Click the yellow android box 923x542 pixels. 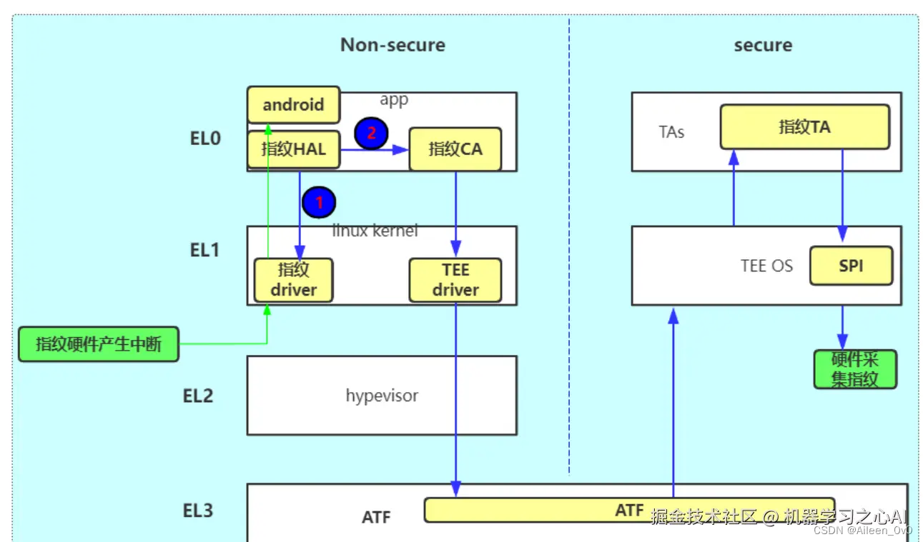click(x=293, y=105)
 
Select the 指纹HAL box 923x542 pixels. click(x=293, y=149)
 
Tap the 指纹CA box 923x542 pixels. click(x=455, y=149)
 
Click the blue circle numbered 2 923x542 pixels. click(x=371, y=134)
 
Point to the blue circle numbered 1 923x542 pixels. click(x=319, y=203)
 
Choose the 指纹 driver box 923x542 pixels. click(x=293, y=280)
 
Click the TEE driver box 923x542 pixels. click(x=455, y=280)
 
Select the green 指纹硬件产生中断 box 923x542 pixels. click(x=99, y=344)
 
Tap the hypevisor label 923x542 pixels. click(x=382, y=396)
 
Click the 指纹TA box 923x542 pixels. click(x=804, y=127)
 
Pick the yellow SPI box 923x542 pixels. click(x=851, y=266)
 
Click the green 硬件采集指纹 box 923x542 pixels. click(x=854, y=369)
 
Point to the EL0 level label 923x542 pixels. click(x=205, y=139)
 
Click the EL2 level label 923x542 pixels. click(x=198, y=396)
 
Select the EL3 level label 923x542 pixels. click(x=198, y=511)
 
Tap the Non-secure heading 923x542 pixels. click(x=393, y=45)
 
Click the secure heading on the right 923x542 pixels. click(x=763, y=45)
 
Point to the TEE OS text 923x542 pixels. click(x=766, y=266)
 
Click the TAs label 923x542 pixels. click(x=671, y=132)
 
